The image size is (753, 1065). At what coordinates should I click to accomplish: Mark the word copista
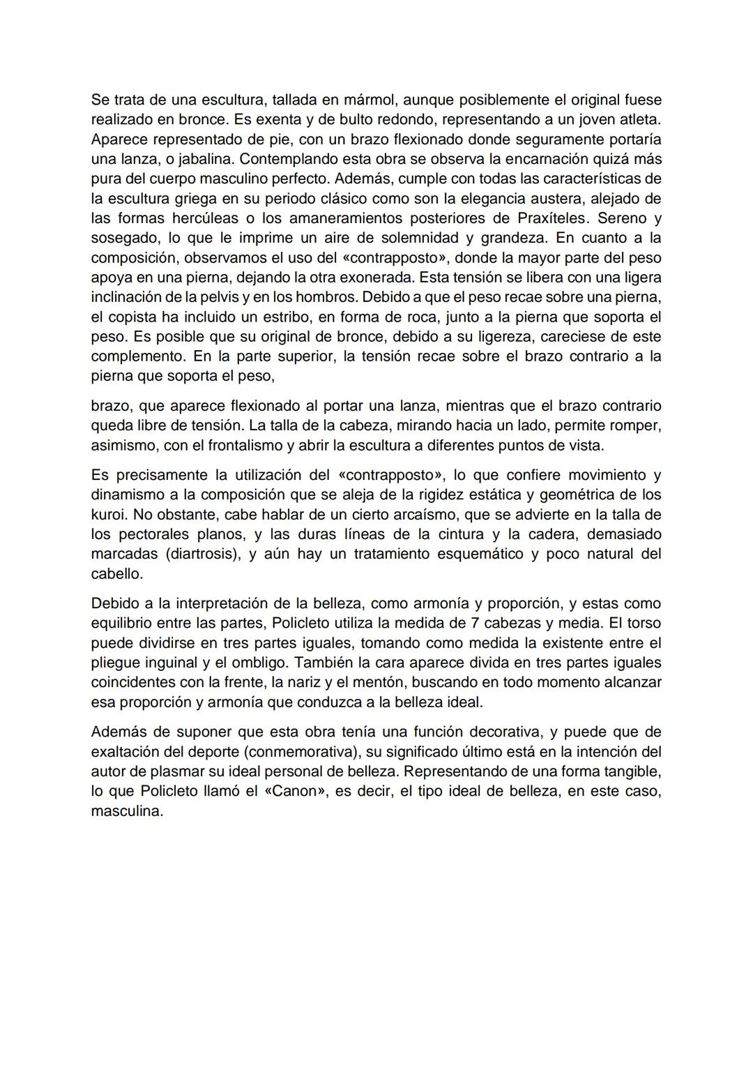[137, 317]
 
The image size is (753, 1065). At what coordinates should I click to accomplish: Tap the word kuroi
[108, 515]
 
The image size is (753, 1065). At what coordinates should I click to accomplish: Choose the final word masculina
[125, 811]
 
